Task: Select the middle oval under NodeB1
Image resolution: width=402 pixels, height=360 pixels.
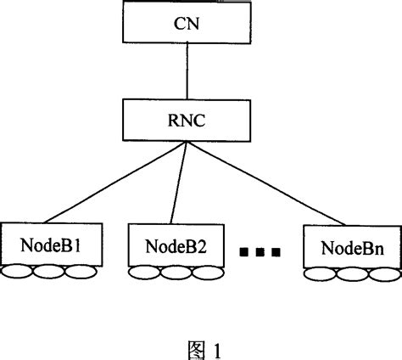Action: [x=48, y=272]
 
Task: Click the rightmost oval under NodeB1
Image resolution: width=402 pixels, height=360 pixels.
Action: [x=78, y=272]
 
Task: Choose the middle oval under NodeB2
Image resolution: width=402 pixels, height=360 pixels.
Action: [x=174, y=272]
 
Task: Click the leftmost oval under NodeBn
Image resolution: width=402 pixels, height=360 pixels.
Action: [x=321, y=273]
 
